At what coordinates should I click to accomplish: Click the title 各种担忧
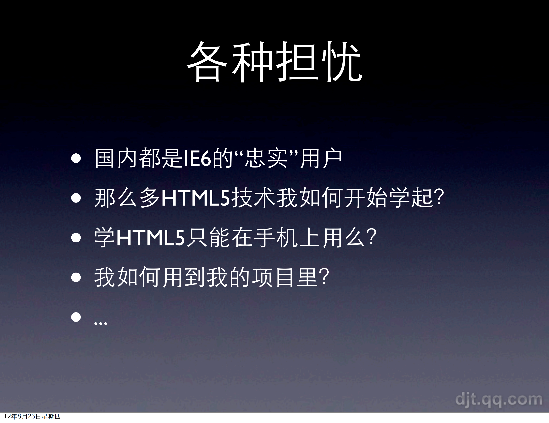tap(274, 62)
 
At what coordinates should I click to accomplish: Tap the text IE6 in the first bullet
tap(197, 158)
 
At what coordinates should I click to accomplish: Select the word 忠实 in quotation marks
tap(266, 158)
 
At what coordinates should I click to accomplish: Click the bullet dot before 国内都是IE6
tap(76, 158)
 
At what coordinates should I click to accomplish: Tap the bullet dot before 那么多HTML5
tap(76, 198)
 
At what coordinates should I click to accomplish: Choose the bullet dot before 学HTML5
tap(76, 238)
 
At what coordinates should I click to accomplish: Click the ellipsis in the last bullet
tap(101, 323)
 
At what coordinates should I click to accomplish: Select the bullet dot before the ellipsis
tap(76, 317)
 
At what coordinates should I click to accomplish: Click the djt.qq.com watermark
tap(499, 400)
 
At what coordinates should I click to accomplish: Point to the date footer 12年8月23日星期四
tap(32, 417)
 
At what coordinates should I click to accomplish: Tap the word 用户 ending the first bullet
tap(321, 158)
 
